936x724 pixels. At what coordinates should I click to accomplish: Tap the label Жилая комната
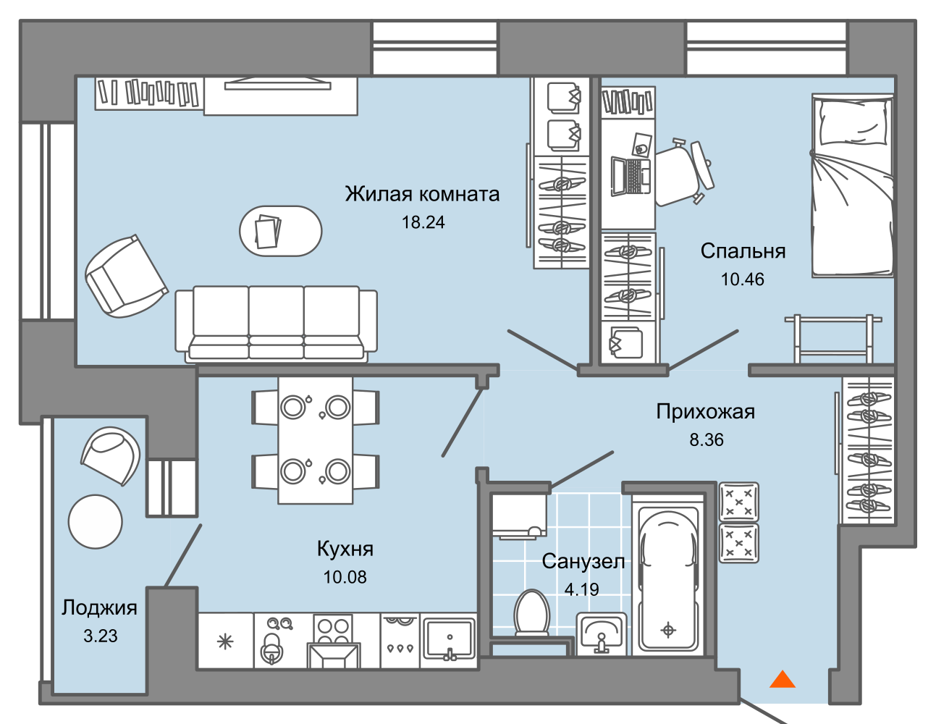[422, 194]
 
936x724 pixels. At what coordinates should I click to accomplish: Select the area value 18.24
[423, 222]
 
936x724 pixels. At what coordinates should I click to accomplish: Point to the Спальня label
[743, 251]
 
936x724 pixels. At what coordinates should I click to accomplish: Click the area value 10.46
[742, 279]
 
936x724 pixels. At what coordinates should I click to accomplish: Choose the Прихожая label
[705, 411]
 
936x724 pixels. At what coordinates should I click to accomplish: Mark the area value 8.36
[706, 439]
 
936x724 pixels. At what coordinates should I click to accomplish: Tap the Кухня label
[345, 548]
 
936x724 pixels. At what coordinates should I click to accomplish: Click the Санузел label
[583, 561]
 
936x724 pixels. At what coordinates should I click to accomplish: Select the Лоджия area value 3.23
[100, 636]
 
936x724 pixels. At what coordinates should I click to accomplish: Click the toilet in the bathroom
[531, 613]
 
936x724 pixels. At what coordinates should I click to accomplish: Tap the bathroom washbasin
[601, 633]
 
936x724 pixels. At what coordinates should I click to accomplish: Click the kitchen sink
[448, 639]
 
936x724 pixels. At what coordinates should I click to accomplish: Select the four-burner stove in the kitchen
[333, 630]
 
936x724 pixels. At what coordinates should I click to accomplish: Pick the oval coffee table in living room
[281, 231]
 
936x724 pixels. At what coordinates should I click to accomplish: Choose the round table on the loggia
[96, 521]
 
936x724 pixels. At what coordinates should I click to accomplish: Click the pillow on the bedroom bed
[853, 121]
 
